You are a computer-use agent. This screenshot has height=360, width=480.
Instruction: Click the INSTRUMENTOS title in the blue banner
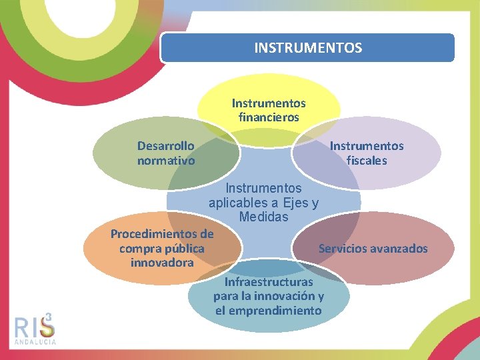click(x=308, y=48)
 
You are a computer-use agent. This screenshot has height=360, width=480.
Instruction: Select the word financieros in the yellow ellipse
click(x=269, y=117)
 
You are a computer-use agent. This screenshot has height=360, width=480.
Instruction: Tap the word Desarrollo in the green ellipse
click(x=166, y=146)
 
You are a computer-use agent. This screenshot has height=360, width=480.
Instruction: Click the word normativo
click(x=166, y=161)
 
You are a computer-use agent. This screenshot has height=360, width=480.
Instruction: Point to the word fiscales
click(x=367, y=161)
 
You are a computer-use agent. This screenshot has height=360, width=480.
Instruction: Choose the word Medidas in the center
click(x=263, y=217)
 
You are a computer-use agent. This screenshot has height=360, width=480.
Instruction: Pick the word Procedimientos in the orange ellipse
click(x=162, y=234)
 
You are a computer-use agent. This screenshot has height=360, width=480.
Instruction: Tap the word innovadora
click(x=162, y=262)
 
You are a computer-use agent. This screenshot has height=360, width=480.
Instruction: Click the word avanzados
click(x=401, y=249)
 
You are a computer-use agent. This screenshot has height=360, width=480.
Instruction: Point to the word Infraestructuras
click(x=269, y=282)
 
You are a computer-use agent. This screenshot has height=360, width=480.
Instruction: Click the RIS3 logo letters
click(x=34, y=327)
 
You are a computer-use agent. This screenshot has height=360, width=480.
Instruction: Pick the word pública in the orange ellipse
click(x=181, y=248)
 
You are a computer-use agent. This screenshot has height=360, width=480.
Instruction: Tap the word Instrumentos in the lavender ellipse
click(x=367, y=146)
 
